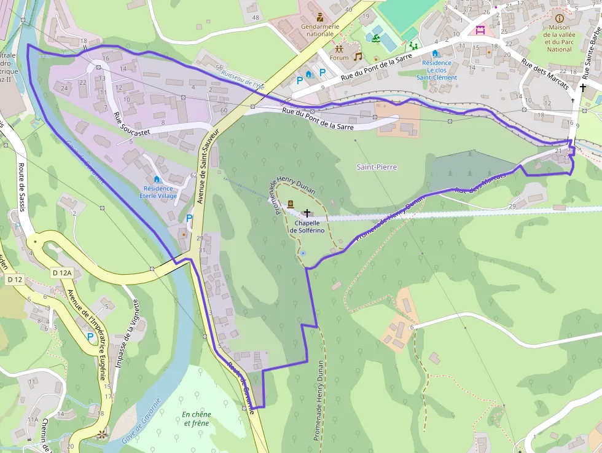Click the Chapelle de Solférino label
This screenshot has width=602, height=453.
click(306, 226)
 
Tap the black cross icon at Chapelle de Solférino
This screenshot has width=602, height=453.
click(307, 212)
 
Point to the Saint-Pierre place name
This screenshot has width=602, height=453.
click(377, 167)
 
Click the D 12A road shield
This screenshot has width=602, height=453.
click(63, 273)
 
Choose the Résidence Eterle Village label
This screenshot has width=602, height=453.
click(158, 192)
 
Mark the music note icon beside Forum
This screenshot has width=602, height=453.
click(358, 57)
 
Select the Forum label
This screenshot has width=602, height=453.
click(338, 58)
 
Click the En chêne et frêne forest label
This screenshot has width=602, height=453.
click(195, 419)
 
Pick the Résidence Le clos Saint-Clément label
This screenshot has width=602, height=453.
click(436, 70)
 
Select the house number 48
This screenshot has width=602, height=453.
click(255, 17)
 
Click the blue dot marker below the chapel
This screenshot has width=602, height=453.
click(302, 253)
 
